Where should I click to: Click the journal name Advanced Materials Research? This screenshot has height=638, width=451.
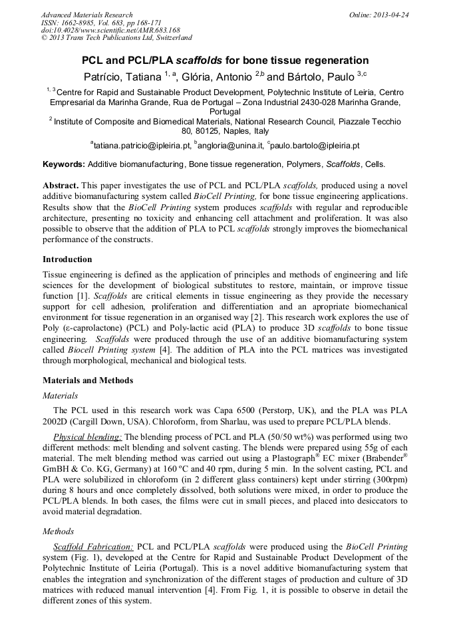click(86, 14)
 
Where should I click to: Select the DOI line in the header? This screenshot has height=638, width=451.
click(110, 30)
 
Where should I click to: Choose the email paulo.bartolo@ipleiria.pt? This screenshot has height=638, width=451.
click(315, 145)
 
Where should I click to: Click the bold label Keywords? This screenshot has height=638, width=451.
click(64, 164)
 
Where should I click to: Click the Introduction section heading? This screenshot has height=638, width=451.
click(67, 259)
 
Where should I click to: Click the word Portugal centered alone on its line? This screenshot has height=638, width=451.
click(225, 112)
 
